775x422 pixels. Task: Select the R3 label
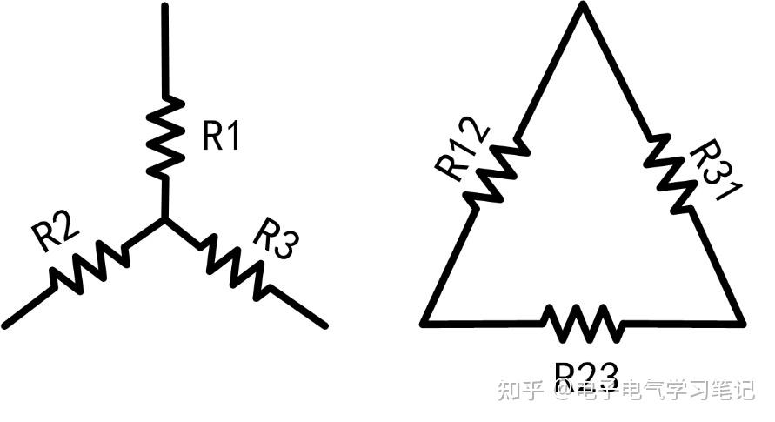[x=274, y=238]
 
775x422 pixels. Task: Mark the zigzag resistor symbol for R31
[x=671, y=171]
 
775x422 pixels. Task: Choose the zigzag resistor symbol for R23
[x=584, y=323]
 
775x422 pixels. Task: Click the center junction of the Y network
[x=164, y=220]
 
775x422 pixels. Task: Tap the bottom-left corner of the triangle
[x=424, y=323]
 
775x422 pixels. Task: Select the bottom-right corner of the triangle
[x=742, y=323]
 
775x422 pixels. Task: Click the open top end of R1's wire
[x=164, y=7]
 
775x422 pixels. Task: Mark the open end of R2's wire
[x=6, y=325]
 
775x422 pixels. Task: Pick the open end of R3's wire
[x=324, y=325]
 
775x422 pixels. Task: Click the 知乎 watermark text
[x=520, y=391]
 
